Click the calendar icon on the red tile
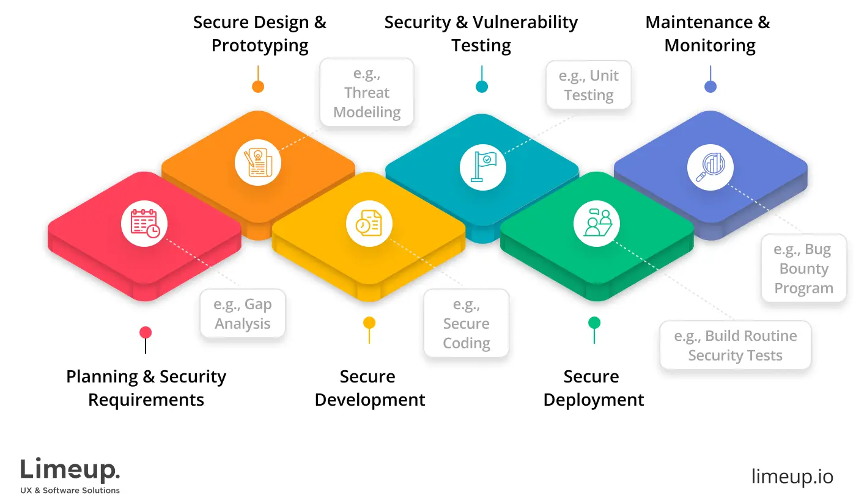coord(144,224)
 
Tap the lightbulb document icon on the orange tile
coord(258,163)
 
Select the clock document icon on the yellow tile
coord(369,224)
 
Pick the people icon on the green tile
coord(597,224)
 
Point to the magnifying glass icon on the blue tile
coord(710,167)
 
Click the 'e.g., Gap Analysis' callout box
coord(243,314)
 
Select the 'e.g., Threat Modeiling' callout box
coord(367,93)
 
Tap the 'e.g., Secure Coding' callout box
coord(467,323)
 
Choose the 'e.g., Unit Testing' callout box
coord(588,86)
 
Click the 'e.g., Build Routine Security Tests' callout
coord(735,345)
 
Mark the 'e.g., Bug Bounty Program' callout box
coord(803,268)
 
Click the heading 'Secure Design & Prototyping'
coord(260,34)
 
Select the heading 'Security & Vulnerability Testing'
coord(481,34)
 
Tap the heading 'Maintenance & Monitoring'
coord(709,34)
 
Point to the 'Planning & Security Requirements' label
coord(146,388)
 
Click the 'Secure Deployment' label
coord(593,388)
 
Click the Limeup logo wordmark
coord(70,470)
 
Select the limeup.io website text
coord(792,477)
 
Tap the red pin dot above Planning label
coord(146,332)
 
